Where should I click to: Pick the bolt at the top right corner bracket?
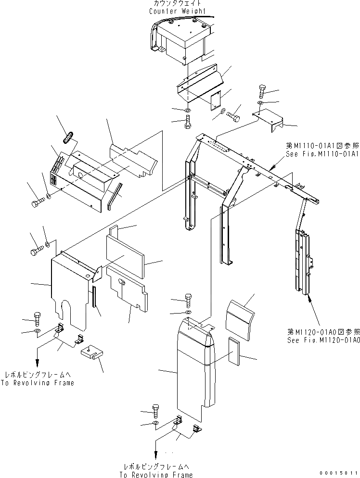262,90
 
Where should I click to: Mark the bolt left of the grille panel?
37,204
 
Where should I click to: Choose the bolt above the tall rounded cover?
188,301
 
